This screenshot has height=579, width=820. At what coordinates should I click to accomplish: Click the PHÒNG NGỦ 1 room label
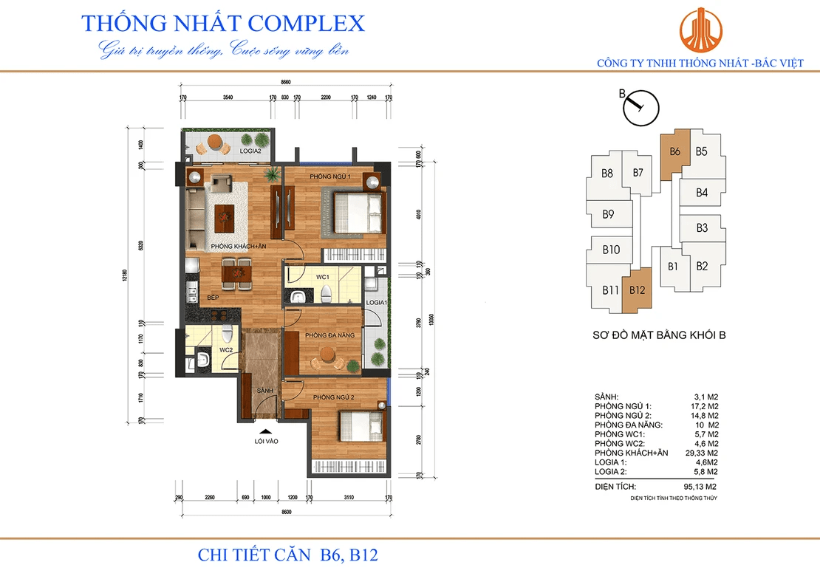coord(329,177)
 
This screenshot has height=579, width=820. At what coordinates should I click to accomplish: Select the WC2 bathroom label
coord(226,349)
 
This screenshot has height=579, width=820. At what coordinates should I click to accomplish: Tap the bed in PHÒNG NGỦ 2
coord(359,427)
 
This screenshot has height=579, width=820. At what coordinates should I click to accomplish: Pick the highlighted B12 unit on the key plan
coord(637,289)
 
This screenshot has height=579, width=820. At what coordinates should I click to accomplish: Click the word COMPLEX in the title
coord(307,23)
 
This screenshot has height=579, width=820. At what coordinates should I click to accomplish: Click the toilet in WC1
coord(326,294)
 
